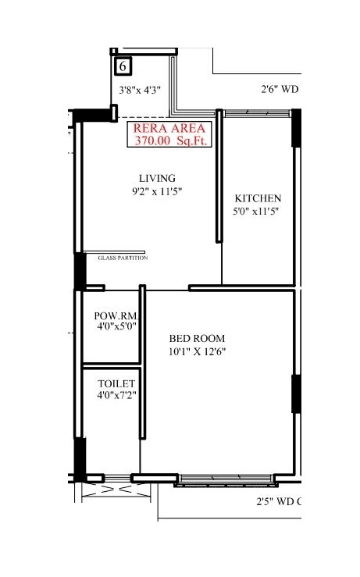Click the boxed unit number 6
(123, 67)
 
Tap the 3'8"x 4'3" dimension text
(139, 90)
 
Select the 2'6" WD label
(280, 89)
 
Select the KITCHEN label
(257, 198)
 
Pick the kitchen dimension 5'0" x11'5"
(256, 211)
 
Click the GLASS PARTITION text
(123, 258)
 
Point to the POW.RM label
(116, 315)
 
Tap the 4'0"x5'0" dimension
(116, 326)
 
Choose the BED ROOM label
(197, 338)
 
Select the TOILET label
(116, 384)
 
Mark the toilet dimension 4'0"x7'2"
(116, 396)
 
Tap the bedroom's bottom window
(225, 479)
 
